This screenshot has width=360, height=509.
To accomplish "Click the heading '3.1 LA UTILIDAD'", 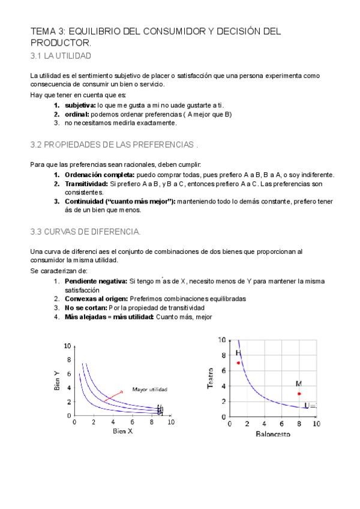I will pos(61,56).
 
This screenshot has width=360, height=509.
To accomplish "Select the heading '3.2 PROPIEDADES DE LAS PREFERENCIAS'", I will pos(113,145).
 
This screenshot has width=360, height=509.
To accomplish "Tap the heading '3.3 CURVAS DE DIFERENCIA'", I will pos(85,232).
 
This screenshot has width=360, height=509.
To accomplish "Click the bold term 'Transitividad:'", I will pos(86,184).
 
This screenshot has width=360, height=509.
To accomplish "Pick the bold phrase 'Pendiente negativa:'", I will pos(95,281).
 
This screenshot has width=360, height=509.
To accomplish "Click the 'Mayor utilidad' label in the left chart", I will pos(149,390).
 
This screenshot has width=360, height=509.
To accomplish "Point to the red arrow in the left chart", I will pos(112,396).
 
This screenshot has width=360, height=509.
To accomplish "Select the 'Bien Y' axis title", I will pos(57,381).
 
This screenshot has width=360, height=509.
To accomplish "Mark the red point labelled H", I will pos(238,363).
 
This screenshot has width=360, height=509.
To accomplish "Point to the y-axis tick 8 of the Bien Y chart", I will pos(68,360).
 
